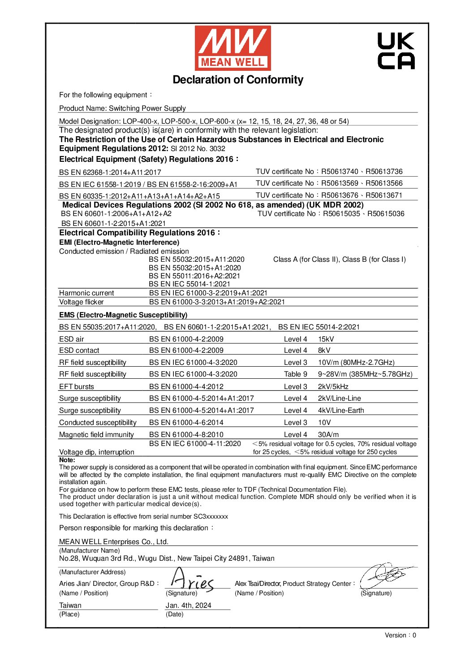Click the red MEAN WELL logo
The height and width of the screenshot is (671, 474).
click(233, 48)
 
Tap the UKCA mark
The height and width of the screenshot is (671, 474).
click(396, 51)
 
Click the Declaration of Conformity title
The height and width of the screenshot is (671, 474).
click(238, 80)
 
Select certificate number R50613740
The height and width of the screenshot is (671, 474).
click(340, 171)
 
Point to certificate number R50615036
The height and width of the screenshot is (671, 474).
click(386, 214)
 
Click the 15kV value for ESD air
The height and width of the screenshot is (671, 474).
click(326, 339)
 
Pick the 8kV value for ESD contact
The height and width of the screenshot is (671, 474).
click(324, 351)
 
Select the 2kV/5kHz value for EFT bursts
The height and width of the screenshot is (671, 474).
click(333, 386)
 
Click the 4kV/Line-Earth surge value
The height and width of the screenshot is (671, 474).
click(341, 411)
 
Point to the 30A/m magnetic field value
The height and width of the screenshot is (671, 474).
click(328, 434)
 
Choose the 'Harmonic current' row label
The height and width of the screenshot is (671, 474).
click(86, 293)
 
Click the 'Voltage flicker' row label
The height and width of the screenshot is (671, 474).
click(82, 302)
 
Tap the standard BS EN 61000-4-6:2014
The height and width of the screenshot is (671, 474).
click(186, 423)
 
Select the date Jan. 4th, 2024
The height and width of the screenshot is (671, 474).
click(188, 605)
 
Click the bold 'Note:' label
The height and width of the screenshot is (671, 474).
click(67, 460)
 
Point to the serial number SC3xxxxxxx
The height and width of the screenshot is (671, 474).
click(211, 516)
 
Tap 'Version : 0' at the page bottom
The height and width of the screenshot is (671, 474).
click(400, 635)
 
